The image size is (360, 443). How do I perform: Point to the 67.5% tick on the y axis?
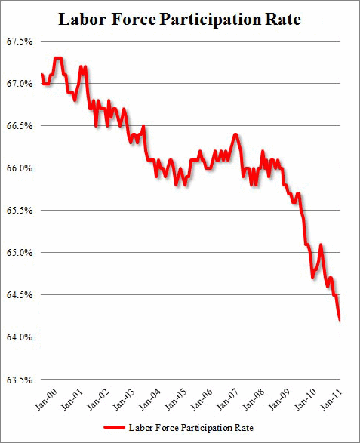tap(18, 41)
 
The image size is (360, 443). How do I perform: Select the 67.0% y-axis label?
tap(18, 83)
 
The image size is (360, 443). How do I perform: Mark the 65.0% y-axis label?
tap(18, 252)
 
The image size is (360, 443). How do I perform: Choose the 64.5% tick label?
tap(18, 294)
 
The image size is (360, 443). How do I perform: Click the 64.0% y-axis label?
tap(18, 337)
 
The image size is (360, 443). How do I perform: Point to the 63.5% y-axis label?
tap(18, 379)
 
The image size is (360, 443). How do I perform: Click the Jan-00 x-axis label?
tap(45, 397)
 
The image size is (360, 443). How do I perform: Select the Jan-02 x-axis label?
tap(100, 397)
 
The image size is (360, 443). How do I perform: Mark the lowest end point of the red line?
tap(340, 320)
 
